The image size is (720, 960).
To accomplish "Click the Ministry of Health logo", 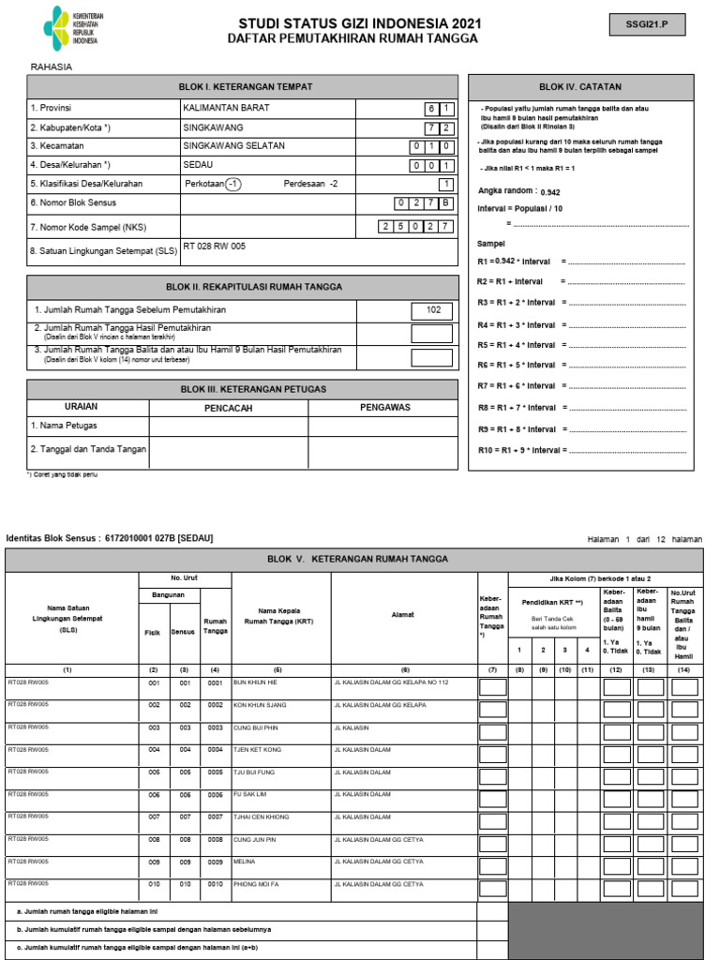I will (x=71, y=30).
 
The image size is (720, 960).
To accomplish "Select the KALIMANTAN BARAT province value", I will (x=226, y=108).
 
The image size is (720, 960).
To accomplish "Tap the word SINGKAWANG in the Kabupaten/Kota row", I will (x=213, y=127).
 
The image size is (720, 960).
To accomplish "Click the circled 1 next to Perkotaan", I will (x=233, y=184).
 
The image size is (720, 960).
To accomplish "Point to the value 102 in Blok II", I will (x=432, y=310).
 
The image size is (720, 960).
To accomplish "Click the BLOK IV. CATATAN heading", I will (x=580, y=87).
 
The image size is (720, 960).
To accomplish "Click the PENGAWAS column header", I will (x=386, y=408).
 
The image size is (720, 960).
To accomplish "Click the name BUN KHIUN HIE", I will (x=256, y=682).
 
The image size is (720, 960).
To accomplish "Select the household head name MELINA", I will (x=245, y=862).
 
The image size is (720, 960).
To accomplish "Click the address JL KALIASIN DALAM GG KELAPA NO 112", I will (x=391, y=682).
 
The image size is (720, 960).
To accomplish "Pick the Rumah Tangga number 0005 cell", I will (x=215, y=772).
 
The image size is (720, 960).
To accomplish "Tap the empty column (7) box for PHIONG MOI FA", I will (x=492, y=888).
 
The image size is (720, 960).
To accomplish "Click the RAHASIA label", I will (x=52, y=67).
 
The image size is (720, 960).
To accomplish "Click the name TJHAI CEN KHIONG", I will (x=262, y=817).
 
